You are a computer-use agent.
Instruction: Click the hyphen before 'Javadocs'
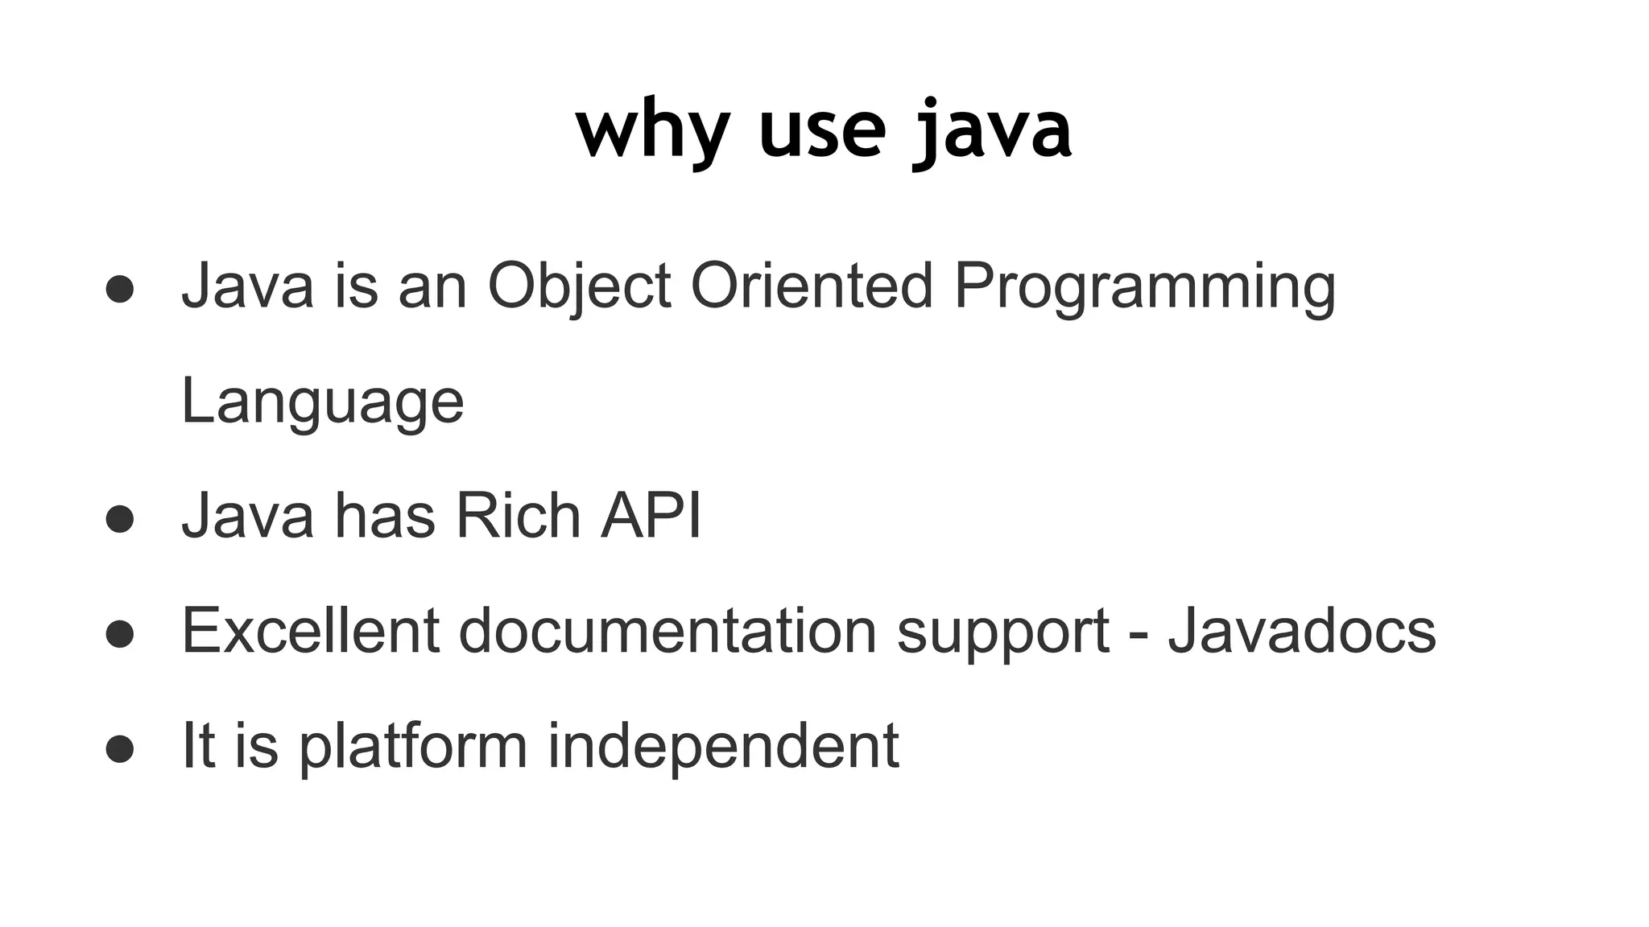1139,633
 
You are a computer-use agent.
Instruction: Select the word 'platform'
413,745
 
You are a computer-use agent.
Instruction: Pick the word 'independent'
723,745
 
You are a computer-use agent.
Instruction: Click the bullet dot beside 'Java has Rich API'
119,519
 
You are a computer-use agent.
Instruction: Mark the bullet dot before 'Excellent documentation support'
119,634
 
